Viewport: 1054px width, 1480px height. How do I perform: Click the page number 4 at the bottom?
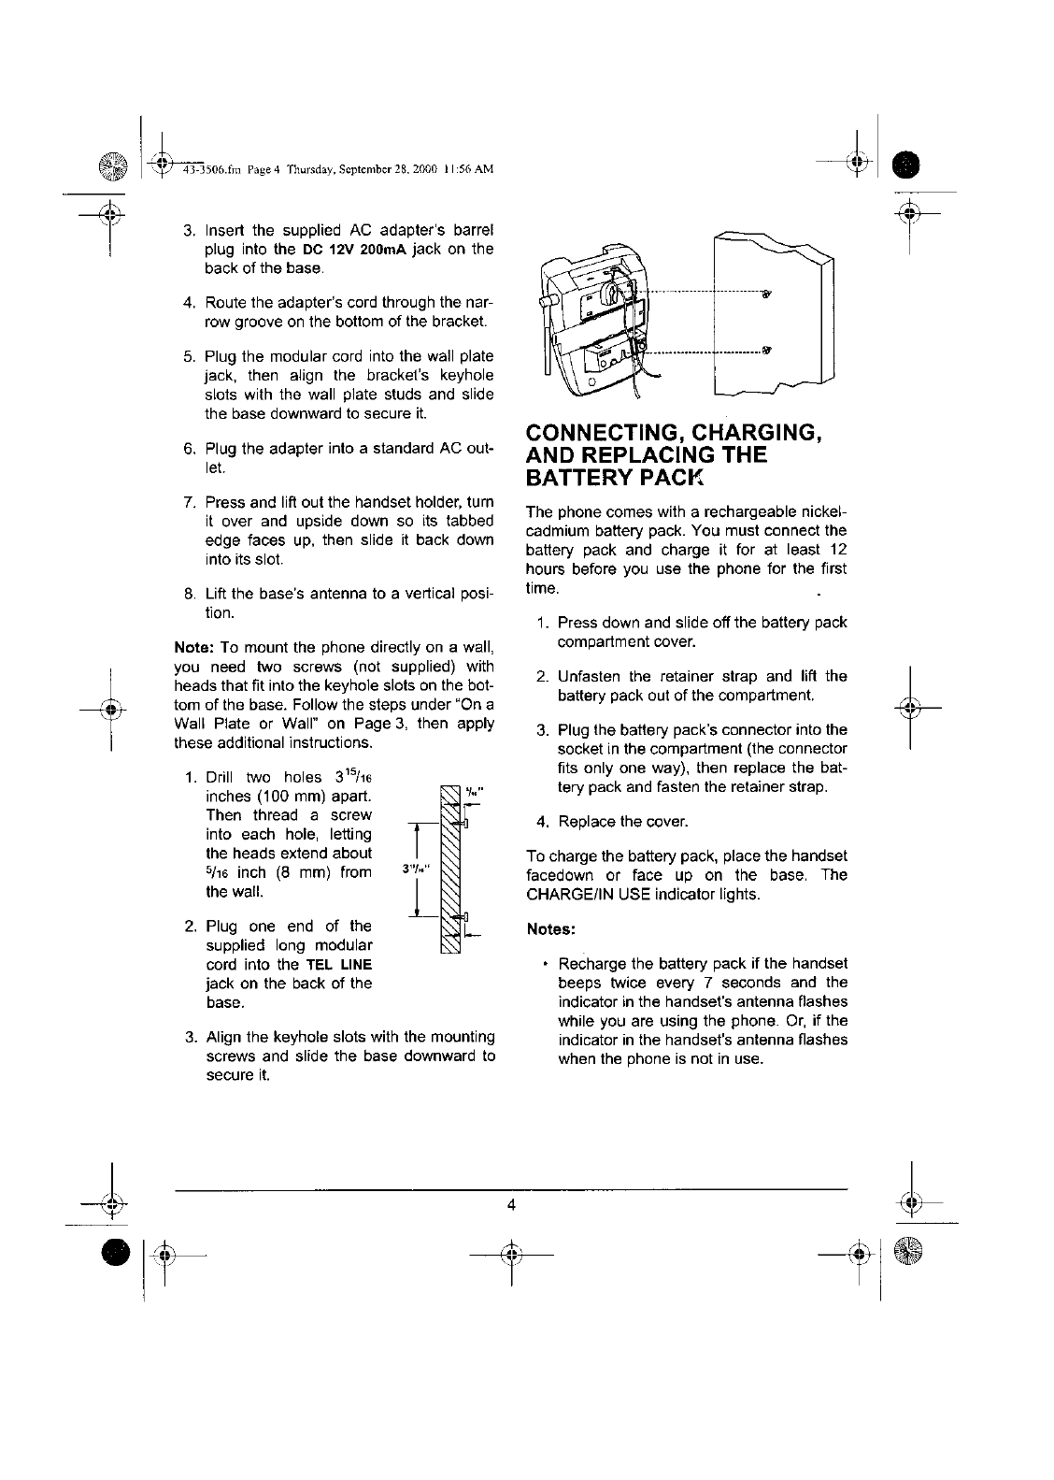pos(511,1204)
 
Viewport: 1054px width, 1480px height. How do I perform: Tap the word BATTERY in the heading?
pos(583,480)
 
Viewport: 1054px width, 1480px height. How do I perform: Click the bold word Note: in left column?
pos(195,648)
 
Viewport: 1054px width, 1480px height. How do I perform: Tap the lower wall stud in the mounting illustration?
pos(766,352)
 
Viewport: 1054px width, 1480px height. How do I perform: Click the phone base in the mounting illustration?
pos(589,323)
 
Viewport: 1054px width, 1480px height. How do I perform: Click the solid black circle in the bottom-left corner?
pos(115,1249)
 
